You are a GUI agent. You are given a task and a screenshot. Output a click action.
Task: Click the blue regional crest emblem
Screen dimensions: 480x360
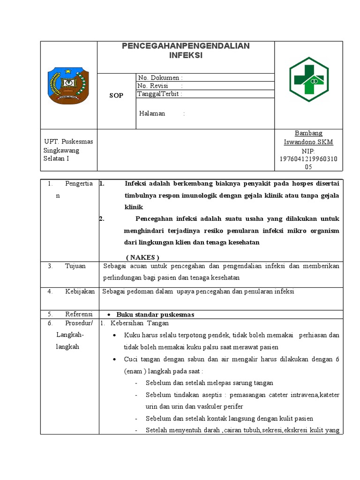point(68,85)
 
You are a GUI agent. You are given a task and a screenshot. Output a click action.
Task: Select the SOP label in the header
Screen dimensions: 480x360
point(116,96)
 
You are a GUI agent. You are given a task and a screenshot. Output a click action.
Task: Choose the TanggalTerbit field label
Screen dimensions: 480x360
point(158,94)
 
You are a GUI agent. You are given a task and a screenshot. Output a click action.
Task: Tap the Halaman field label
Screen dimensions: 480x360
point(152,113)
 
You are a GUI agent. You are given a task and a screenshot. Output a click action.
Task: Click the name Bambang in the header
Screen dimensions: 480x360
point(308,133)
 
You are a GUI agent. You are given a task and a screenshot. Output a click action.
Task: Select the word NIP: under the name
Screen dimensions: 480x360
point(308,151)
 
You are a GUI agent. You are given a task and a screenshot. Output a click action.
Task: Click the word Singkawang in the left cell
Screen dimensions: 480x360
point(61,150)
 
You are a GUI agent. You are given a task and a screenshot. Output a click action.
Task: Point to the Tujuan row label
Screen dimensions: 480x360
point(75,266)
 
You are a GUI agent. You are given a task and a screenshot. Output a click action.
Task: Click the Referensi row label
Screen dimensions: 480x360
point(79,314)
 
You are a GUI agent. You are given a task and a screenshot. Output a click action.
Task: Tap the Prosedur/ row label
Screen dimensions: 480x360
point(79,323)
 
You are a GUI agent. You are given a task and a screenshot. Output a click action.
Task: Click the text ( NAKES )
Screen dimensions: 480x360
point(143,257)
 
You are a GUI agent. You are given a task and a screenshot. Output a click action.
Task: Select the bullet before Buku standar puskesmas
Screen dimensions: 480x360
point(109,315)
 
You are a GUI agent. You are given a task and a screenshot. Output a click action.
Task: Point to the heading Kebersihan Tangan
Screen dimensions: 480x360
point(139,323)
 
